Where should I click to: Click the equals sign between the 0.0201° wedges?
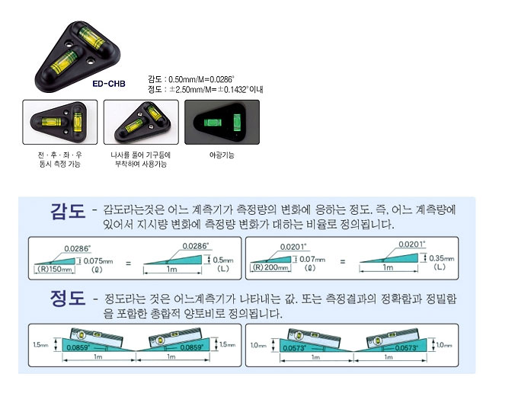click(x=343, y=261)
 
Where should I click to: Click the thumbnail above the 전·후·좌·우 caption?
click(x=59, y=123)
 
